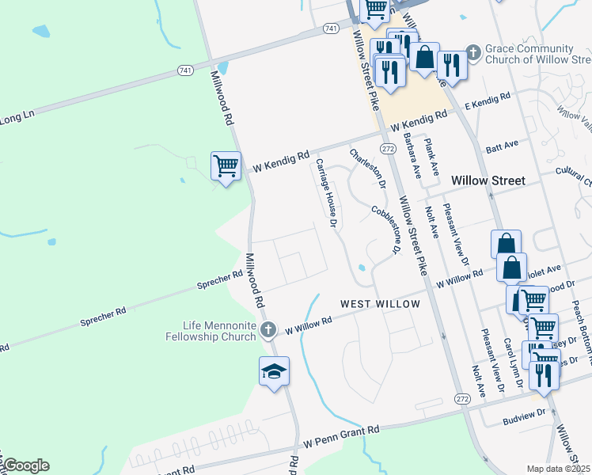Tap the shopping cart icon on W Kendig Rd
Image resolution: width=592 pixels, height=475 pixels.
click(226, 167)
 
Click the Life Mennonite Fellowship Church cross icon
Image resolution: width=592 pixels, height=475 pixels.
click(269, 329)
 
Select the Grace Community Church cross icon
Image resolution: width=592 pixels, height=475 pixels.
click(473, 53)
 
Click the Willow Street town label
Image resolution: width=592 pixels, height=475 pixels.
click(488, 180)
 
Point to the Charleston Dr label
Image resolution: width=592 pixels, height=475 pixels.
click(368, 166)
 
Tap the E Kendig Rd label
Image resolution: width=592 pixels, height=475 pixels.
click(489, 102)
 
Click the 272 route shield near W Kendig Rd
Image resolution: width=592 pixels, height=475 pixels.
click(387, 149)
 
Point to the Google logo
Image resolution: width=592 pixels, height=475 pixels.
click(25, 465)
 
